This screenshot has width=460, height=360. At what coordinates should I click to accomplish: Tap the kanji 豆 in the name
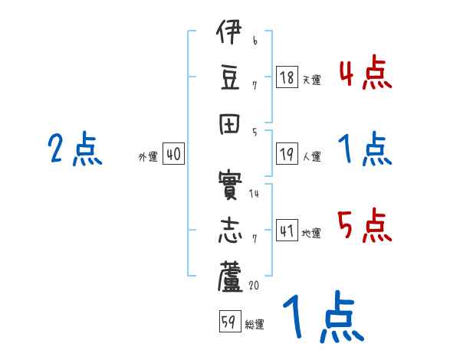228,77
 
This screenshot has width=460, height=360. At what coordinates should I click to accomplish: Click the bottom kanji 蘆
228,274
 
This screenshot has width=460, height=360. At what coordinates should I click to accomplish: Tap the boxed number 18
286,77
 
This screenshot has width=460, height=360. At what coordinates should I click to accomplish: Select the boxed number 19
286,154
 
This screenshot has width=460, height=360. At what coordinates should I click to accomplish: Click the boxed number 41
286,231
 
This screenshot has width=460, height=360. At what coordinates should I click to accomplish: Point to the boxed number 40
173,154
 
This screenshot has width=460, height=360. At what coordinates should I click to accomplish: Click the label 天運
311,80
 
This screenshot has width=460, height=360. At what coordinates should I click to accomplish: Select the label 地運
311,234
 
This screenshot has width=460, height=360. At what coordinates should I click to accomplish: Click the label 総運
255,324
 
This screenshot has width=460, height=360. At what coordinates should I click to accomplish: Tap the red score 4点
365,75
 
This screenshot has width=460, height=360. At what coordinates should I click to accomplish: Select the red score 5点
365,226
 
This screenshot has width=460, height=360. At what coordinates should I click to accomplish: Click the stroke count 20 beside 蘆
254,285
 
